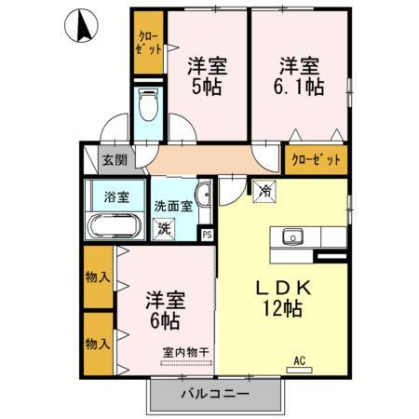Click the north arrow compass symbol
pyautogui.click(x=83, y=25)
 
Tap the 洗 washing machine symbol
pyautogui.click(x=163, y=225)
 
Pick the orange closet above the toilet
pyautogui.click(x=147, y=43)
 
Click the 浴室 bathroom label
pyautogui.click(x=117, y=197)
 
